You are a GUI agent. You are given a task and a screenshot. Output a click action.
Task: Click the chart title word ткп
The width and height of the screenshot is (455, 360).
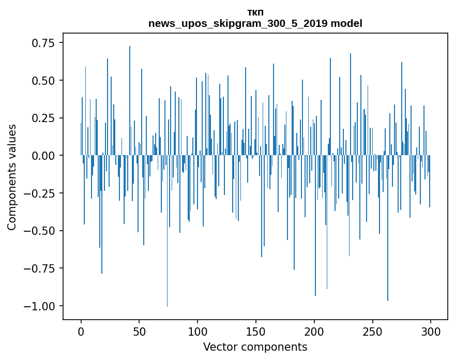tap(255, 12)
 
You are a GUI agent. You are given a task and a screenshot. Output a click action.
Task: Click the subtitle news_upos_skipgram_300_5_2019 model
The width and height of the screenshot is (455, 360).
tap(255, 23)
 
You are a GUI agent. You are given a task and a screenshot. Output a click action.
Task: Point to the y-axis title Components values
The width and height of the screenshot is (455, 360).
tap(12, 177)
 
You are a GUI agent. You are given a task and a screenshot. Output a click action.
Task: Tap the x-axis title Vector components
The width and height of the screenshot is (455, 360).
tap(255, 347)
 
